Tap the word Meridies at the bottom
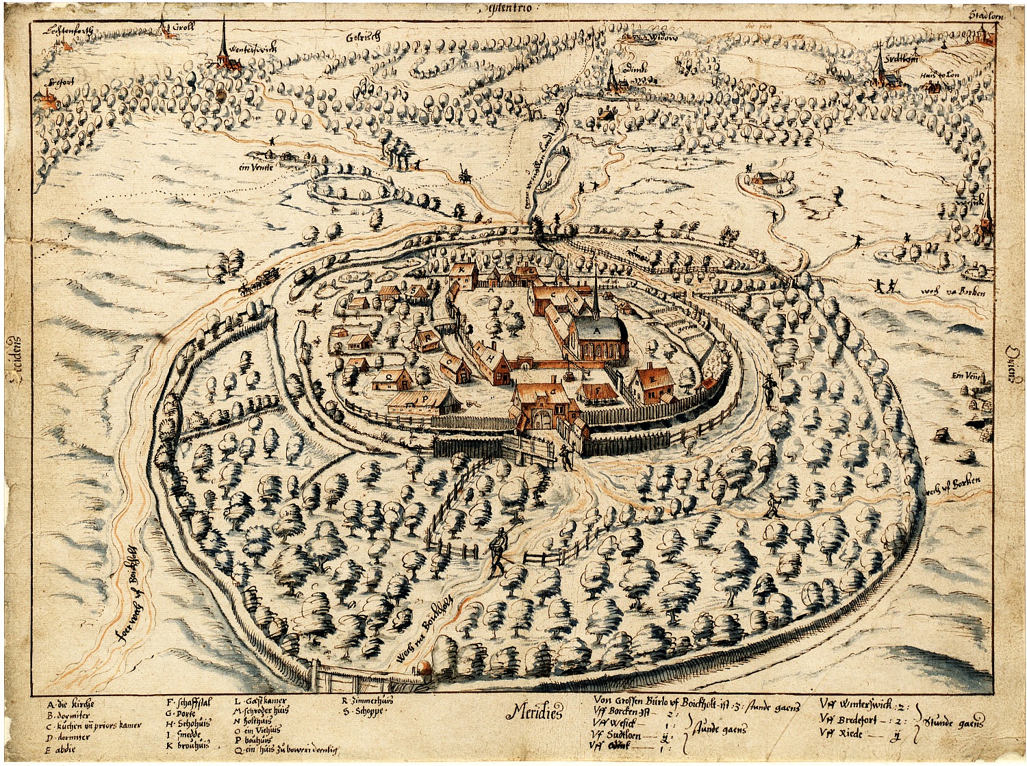(x=534, y=713)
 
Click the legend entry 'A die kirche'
(x=71, y=704)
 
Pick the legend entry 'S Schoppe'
(x=363, y=711)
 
